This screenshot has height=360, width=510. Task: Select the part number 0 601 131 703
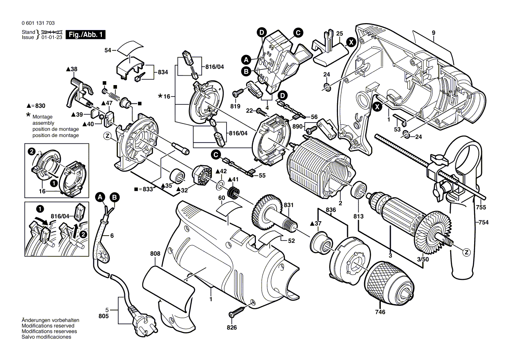point(38,24)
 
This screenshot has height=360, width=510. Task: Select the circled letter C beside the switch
point(298,32)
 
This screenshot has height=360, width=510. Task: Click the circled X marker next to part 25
point(350,42)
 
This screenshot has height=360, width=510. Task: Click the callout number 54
point(108,51)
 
